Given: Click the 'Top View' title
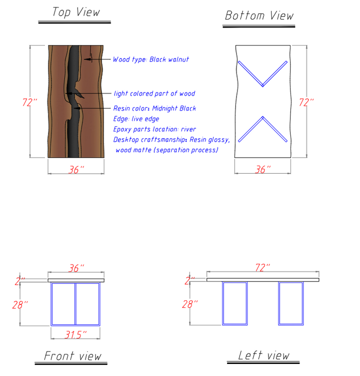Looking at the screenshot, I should coord(76,12).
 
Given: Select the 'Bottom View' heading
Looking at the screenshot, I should coord(259,16).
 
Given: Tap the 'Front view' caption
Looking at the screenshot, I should coord(72,356).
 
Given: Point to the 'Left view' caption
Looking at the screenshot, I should coord(263,355).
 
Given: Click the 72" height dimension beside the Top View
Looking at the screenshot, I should coord(29,102).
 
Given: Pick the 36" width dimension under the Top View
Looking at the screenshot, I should coord(75,170).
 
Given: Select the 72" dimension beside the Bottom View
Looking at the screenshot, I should coord(306,102).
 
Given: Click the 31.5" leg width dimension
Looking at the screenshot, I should coord(75,333).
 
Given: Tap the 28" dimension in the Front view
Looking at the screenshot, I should coord(20,304).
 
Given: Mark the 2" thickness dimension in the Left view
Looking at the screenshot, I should coord(189,281).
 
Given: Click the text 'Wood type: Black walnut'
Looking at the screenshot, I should coord(151,59).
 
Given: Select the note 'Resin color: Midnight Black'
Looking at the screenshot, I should coord(154,108).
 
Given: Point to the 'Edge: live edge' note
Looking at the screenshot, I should coord(136,119).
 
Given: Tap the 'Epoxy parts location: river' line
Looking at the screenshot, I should coord(154,129).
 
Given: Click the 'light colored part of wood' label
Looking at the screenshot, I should coord(154,93).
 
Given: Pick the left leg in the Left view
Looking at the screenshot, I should coord(234,303).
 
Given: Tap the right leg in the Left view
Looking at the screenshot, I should coord(290,303).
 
